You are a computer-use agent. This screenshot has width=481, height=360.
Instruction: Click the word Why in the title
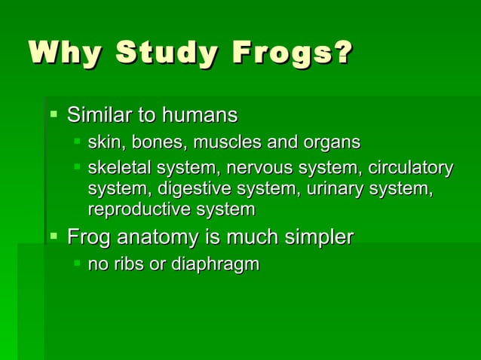(60, 55)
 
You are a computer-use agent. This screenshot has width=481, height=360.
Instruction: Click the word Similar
(99, 116)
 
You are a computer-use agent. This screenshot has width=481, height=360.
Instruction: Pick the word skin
(103, 142)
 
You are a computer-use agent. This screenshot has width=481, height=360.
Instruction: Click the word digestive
(190, 188)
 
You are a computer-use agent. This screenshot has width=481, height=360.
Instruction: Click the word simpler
(318, 239)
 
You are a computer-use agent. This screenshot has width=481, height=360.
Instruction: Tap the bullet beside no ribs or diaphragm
(77, 264)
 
